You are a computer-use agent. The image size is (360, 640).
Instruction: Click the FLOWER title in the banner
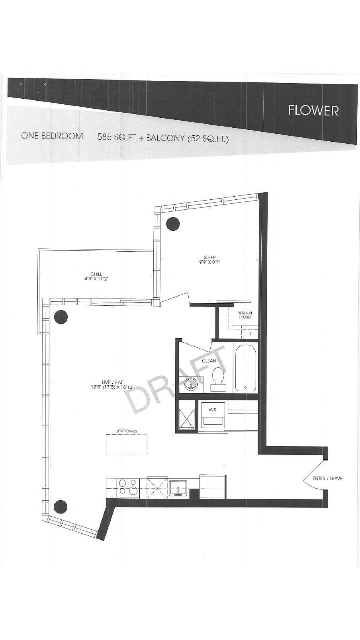coord(313,111)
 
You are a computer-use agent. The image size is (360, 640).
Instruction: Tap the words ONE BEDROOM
coord(52,136)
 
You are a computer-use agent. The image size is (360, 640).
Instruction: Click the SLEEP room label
coord(210,257)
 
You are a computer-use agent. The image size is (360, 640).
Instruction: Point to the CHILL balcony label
coord(96,274)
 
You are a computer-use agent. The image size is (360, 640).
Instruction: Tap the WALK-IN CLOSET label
coord(245,315)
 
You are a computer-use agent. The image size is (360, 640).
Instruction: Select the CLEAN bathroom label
coord(209,361)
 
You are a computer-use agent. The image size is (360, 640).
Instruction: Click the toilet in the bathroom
coord(218,379)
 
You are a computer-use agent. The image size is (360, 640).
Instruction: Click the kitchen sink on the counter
coord(178,488)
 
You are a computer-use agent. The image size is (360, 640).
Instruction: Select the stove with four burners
coord(128,487)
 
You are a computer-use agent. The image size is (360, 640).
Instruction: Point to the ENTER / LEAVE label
coord(327,478)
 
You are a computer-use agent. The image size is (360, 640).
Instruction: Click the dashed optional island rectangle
coord(127,445)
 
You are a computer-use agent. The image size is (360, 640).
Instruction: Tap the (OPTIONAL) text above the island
coord(127,431)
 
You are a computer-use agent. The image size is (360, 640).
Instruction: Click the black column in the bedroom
coord(173,224)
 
